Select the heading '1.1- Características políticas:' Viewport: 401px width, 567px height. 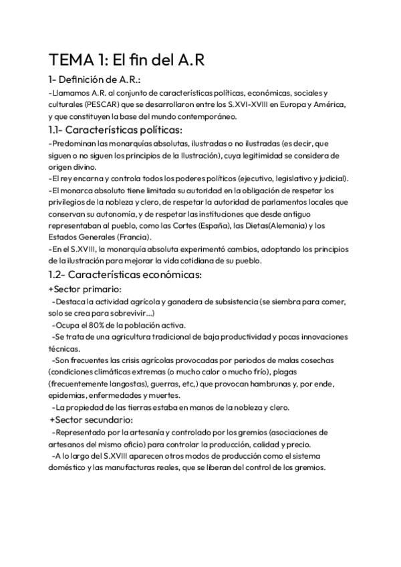[x=115, y=130]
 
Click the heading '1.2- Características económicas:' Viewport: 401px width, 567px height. [x=124, y=275]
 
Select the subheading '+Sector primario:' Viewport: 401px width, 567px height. [x=85, y=289]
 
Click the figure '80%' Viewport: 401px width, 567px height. [x=106, y=325]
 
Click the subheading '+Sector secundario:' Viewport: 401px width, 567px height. [x=91, y=419]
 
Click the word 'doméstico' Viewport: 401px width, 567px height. [x=69, y=467]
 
